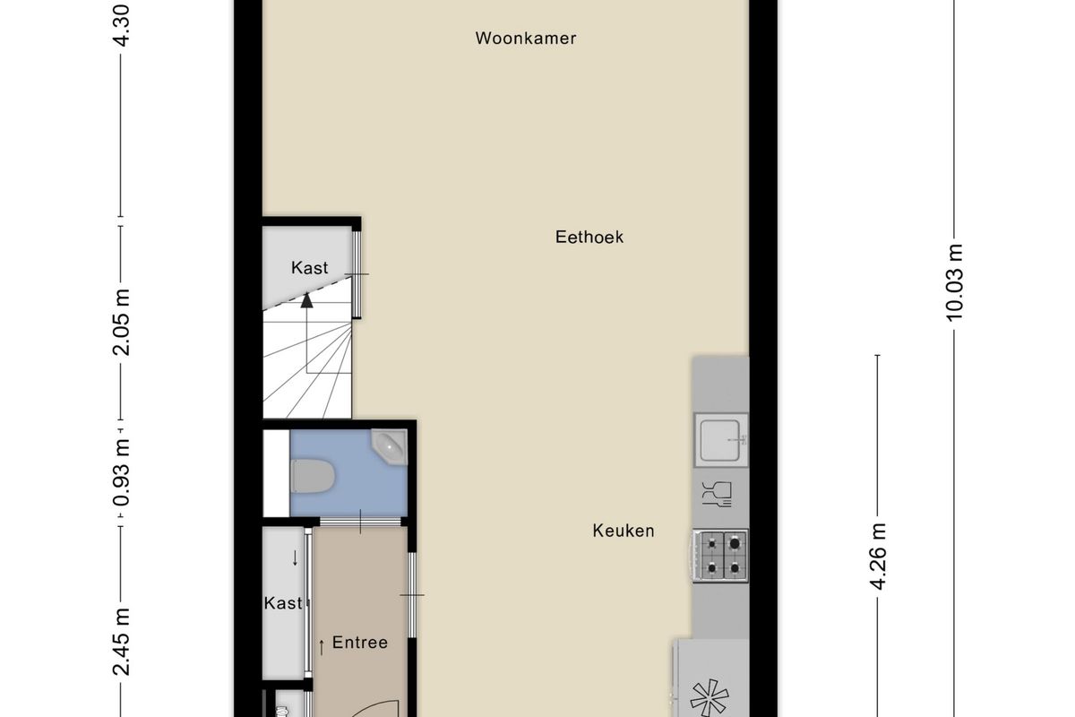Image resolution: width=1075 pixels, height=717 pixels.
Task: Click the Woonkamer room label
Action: tap(526, 39)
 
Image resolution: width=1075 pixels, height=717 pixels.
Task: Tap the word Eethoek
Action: tap(589, 237)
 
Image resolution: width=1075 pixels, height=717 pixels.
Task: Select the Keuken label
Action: tap(623, 531)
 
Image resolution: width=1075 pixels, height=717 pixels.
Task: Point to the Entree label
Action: tap(360, 643)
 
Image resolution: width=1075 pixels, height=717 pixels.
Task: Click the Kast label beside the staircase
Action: tap(310, 267)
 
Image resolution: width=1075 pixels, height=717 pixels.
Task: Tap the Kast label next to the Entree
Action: tap(283, 603)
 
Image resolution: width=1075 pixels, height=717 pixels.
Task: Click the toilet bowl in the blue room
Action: tap(313, 476)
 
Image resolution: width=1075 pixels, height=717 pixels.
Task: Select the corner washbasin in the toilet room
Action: tap(389, 447)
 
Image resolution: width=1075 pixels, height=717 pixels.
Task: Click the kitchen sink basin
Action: tap(720, 440)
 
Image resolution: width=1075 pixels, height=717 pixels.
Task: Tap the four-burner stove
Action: tap(720, 556)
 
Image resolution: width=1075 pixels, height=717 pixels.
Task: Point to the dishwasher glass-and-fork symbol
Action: tap(717, 494)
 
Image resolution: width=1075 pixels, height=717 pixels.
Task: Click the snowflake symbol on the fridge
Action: tap(709, 698)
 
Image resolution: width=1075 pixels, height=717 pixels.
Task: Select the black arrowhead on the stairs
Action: tap(306, 300)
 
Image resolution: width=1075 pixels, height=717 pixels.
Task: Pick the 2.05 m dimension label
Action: tap(121, 323)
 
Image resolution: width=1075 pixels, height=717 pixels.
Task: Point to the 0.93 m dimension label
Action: tap(121, 472)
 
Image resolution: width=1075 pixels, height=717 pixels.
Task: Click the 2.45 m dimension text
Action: tap(121, 642)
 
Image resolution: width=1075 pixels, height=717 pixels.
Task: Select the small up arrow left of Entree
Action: tap(322, 647)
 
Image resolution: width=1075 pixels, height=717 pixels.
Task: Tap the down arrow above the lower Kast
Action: tap(295, 558)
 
